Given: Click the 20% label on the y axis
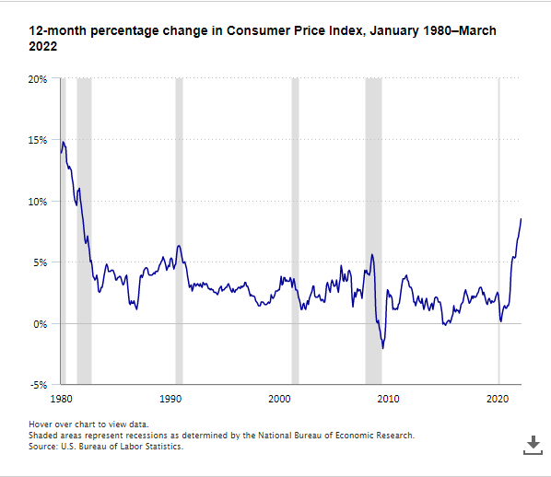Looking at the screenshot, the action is point(38,79).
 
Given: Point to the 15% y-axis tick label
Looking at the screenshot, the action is point(38,141).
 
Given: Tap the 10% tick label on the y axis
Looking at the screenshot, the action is point(38,202).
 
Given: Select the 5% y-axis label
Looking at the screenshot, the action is point(40,262).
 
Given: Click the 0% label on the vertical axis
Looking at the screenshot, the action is point(40,324).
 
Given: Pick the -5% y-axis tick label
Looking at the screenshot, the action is point(39,385).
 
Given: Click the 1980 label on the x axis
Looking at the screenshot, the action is point(61,399).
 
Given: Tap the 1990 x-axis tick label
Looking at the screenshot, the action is point(170,399).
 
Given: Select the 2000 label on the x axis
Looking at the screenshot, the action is point(279,399).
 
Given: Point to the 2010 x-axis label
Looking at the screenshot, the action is point(388,399).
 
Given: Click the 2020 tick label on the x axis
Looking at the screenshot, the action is point(498,399).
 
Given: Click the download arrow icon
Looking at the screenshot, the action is point(533,445).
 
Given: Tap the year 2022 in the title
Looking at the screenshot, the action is point(43,46).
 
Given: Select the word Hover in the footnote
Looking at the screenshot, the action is point(39,425).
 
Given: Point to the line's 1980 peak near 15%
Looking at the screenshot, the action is point(64,142).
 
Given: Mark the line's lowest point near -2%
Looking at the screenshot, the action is point(382,348).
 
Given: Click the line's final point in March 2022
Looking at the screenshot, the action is point(521,219).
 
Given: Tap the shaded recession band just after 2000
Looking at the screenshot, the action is point(295,231).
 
